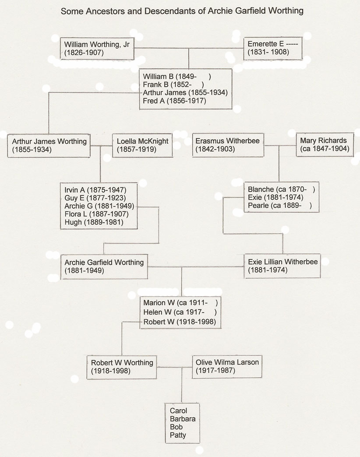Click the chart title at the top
(x=182, y=11)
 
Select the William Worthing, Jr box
(x=97, y=48)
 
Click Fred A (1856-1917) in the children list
(x=174, y=101)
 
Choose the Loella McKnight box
(x=142, y=145)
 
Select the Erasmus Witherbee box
(x=228, y=145)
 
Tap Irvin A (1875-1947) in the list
(x=95, y=190)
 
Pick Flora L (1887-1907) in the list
(x=96, y=214)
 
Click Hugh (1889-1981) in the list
(x=94, y=222)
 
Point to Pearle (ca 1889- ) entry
(x=279, y=205)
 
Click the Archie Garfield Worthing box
(x=104, y=266)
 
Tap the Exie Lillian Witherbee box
(x=282, y=266)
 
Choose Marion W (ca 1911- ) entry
(x=180, y=303)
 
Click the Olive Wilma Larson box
(x=227, y=366)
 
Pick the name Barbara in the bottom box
(x=183, y=419)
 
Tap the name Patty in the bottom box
(x=178, y=435)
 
